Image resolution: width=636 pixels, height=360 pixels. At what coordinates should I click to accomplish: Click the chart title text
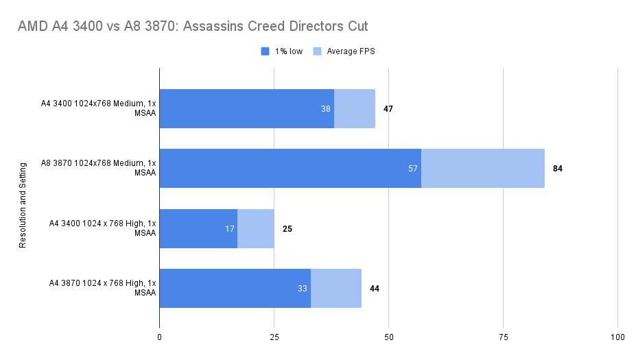[x=193, y=27]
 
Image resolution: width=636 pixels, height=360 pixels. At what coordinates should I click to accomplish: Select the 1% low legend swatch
[x=266, y=51]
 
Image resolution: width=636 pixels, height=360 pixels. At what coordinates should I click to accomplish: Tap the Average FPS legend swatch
[x=317, y=51]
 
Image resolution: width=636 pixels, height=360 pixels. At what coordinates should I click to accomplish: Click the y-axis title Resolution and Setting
[x=23, y=204]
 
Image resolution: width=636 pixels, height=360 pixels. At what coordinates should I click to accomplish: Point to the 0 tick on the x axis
[x=160, y=337]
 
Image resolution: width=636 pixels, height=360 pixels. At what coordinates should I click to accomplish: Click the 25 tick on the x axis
[x=274, y=337]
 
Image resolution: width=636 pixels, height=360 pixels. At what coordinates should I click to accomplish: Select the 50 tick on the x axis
[x=388, y=337]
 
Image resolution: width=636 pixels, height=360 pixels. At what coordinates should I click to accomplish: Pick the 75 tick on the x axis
[x=503, y=337]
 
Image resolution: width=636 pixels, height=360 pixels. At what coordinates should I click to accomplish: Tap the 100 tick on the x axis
[x=617, y=337]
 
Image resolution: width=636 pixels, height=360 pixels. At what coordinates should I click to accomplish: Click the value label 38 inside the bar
[x=326, y=109]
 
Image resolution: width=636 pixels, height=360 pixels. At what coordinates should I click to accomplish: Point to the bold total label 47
[x=388, y=109]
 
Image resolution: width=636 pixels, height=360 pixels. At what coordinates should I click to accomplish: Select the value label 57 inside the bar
[x=413, y=169]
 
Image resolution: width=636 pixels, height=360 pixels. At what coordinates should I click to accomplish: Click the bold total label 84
[x=558, y=169]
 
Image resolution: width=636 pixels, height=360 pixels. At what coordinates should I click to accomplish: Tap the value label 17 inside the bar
[x=230, y=228]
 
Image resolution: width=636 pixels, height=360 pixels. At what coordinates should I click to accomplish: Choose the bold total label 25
[x=287, y=228]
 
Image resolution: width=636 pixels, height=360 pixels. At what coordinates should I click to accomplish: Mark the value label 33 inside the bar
[x=303, y=289]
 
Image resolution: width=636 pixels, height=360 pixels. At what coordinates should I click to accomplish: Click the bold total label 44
[x=375, y=289]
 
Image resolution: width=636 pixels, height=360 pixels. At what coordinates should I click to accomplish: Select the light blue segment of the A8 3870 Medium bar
[x=482, y=169]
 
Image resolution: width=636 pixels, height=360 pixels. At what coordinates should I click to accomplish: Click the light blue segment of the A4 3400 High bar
[x=255, y=228]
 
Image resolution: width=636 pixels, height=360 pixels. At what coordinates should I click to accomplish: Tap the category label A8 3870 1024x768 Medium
[x=99, y=168]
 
